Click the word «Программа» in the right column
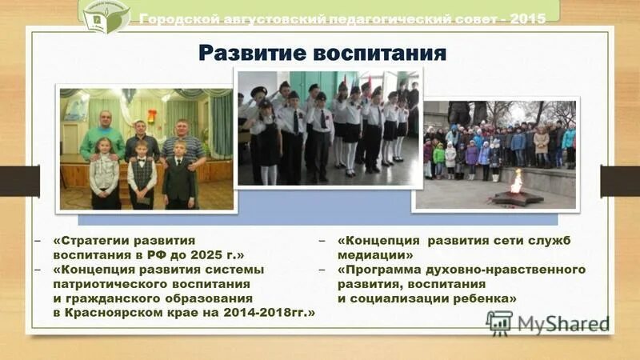pos(381,270)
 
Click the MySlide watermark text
pos(562,323)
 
